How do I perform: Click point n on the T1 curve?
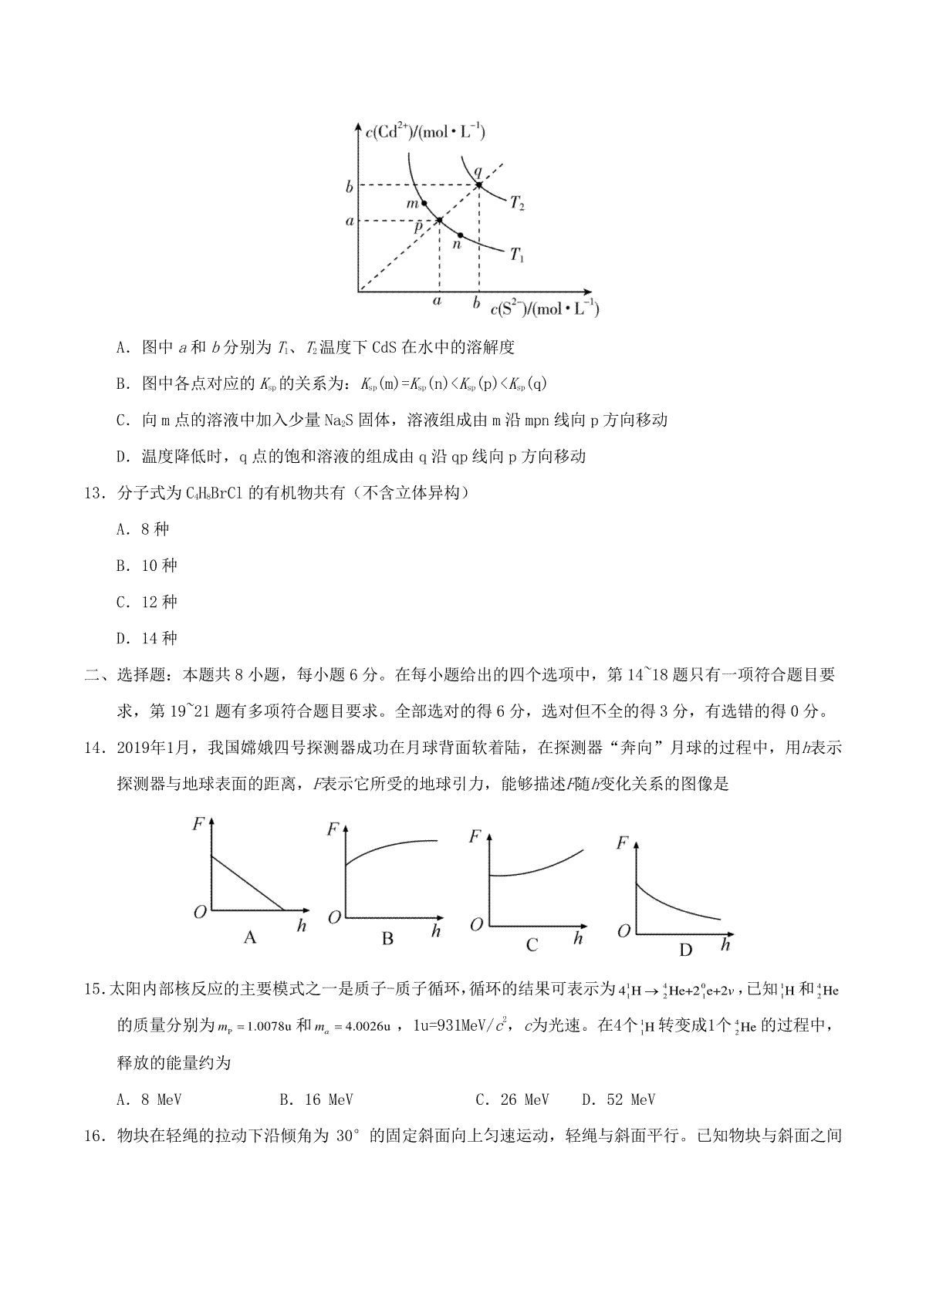461,235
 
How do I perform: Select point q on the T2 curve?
478,185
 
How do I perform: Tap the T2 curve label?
517,204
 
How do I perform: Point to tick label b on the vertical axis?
349,187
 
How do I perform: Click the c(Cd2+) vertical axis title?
424,132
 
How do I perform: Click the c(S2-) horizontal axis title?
544,309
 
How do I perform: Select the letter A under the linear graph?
249,937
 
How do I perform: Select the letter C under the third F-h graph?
532,944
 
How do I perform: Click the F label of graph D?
622,842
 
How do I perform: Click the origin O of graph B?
334,917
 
